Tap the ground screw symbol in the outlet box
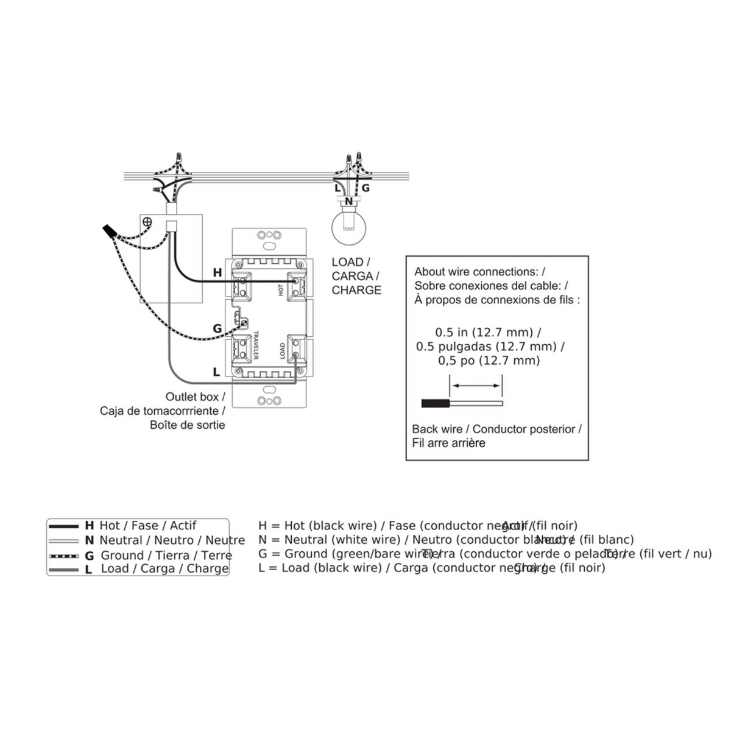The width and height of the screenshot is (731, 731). pos(147,223)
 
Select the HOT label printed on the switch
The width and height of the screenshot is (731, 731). pos(281,289)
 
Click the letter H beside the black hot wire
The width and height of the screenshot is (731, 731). pos(217,273)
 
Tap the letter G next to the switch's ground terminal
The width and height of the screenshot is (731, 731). pos(217,329)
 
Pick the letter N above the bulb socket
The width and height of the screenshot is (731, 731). pos(348,200)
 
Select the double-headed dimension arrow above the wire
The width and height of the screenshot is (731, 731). pos(476,385)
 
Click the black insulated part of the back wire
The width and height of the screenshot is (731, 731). pos(436,403)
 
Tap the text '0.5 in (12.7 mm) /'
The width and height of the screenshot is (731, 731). pos(487,333)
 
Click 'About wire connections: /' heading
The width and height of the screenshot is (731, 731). pos(479,272)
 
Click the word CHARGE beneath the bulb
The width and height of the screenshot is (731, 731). pos(356,291)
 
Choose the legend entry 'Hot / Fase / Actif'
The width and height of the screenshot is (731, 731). pos(147,525)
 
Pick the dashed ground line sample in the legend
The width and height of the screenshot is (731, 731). pos(65,556)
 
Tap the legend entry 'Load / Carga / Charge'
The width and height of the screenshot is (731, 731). pos(164,569)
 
